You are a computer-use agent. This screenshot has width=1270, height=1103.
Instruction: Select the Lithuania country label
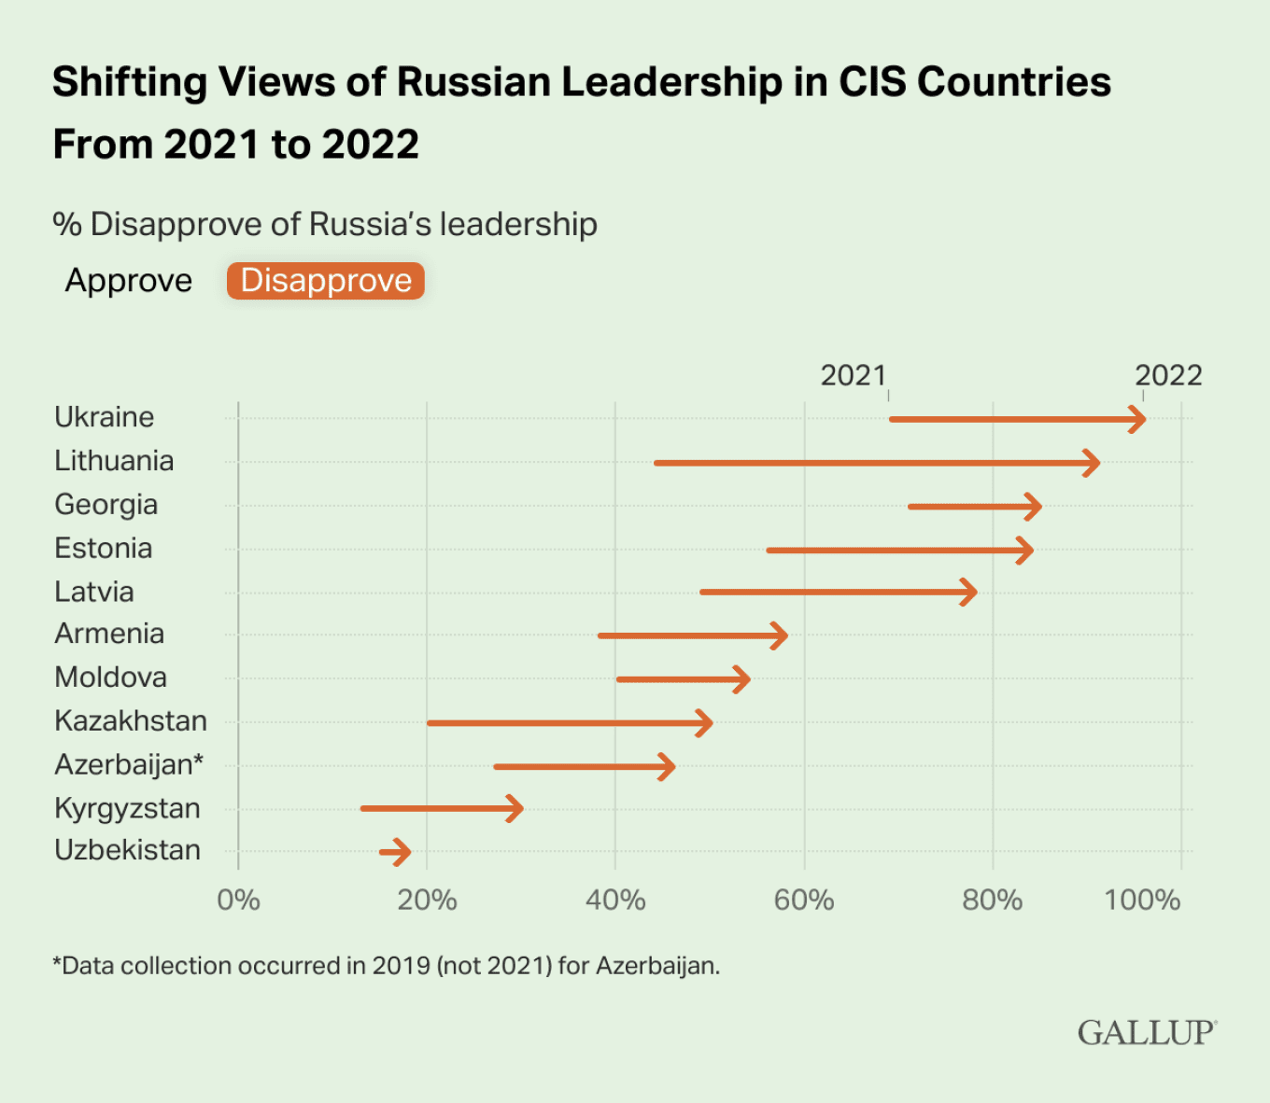pyautogui.click(x=114, y=461)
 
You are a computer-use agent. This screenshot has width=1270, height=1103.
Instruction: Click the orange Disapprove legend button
pyautogui.click(x=326, y=281)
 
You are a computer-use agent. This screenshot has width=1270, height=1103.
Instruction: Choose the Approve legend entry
pyautogui.click(x=129, y=281)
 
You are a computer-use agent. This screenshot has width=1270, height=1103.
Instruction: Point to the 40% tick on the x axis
pyautogui.click(x=615, y=900)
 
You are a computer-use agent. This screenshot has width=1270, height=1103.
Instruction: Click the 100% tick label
pyautogui.click(x=1142, y=900)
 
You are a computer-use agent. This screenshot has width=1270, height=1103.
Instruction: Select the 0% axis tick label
pyautogui.click(x=238, y=900)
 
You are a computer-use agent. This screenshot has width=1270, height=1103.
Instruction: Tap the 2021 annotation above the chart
pyautogui.click(x=853, y=375)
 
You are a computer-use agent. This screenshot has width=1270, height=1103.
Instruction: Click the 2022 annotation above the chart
pyautogui.click(x=1168, y=375)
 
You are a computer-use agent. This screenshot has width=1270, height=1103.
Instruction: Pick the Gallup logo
pyautogui.click(x=1147, y=1032)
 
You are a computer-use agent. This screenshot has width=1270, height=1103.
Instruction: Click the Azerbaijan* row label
pyautogui.click(x=129, y=764)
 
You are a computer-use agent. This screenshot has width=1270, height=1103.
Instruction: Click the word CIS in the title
pyautogui.click(x=872, y=82)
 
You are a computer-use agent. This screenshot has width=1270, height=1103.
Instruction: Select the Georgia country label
pyautogui.click(x=106, y=505)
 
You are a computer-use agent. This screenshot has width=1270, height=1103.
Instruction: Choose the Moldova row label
pyautogui.click(x=111, y=677)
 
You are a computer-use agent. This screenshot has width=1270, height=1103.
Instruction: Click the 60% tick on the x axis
pyautogui.click(x=804, y=900)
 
